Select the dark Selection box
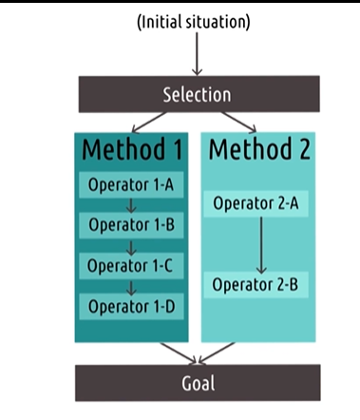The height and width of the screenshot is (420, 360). click(x=197, y=94)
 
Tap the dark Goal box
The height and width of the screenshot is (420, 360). click(x=197, y=383)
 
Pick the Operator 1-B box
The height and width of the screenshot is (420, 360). click(x=129, y=225)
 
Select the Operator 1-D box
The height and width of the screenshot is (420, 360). click(x=129, y=306)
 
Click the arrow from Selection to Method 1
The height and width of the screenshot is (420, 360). click(x=149, y=123)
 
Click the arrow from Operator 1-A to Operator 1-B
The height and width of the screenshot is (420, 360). click(x=129, y=205)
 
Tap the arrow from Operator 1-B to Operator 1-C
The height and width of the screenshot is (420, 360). click(x=129, y=245)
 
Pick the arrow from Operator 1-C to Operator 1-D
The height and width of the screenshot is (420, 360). click(x=129, y=286)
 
